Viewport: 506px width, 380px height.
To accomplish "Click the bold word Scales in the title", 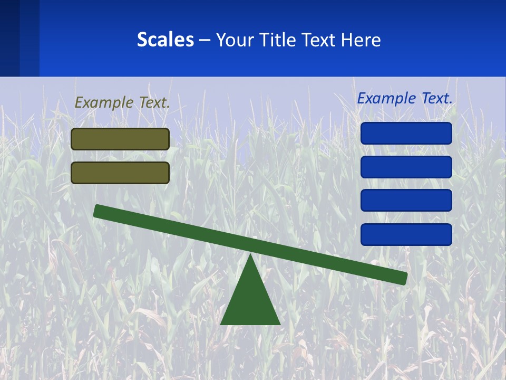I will click(x=165, y=40).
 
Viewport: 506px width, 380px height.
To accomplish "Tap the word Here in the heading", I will click(x=360, y=40).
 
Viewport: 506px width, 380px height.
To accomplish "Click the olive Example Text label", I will click(x=122, y=102).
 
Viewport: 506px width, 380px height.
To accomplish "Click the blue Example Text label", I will click(x=405, y=98).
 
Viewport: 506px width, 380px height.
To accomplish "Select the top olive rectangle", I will click(x=120, y=139).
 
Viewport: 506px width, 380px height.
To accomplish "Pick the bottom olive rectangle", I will click(x=120, y=173).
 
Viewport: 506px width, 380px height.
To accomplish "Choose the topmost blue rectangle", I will click(x=406, y=133).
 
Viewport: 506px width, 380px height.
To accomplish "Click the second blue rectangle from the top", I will click(x=406, y=167).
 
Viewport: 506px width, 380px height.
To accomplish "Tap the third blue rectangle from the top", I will click(x=406, y=201).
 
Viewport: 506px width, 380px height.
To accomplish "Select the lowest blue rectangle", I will click(x=406, y=234).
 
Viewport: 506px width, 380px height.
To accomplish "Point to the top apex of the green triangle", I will click(x=250, y=255).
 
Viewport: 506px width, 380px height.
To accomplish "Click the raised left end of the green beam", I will click(x=98, y=211).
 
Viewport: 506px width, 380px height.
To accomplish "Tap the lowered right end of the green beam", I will click(x=403, y=278).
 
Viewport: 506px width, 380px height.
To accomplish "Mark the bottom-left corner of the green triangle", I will click(x=221, y=324).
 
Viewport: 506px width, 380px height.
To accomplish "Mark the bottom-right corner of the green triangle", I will click(x=279, y=324).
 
